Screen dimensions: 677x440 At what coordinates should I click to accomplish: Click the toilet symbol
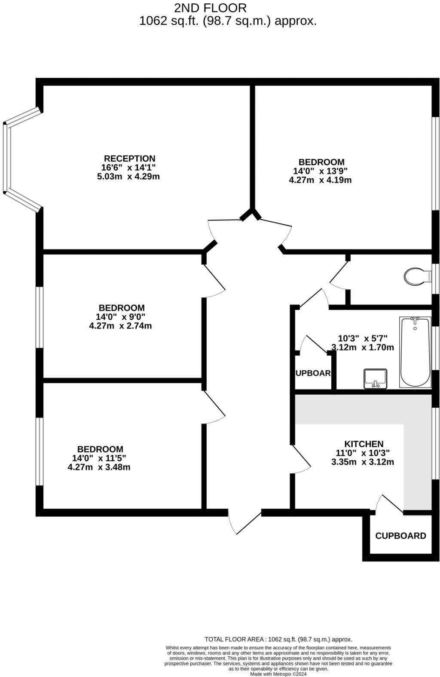click(x=417, y=276)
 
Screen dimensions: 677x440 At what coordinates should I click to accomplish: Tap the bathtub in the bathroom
click(x=415, y=352)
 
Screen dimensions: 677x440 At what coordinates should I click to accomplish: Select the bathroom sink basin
click(x=375, y=378)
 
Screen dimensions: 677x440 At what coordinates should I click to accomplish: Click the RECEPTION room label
click(x=129, y=159)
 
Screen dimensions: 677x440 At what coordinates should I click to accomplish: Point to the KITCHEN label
click(x=364, y=444)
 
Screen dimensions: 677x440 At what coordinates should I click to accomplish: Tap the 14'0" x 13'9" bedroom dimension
click(x=317, y=171)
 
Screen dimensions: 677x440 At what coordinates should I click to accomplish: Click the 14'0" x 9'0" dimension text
click(x=120, y=317)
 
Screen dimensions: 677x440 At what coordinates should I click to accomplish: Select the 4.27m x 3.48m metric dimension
click(x=99, y=467)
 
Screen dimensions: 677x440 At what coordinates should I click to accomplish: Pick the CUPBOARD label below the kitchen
click(x=400, y=536)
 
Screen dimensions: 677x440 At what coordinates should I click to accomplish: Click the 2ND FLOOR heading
click(x=210, y=8)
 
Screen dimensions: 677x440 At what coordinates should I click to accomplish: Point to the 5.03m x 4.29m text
click(x=128, y=177)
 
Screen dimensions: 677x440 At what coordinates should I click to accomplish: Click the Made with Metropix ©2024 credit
click(x=278, y=674)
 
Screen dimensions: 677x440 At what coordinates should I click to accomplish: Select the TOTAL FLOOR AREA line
click(x=278, y=639)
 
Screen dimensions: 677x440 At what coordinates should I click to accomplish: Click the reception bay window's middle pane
click(x=6, y=158)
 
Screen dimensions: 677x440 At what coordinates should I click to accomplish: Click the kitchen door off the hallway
click(x=301, y=460)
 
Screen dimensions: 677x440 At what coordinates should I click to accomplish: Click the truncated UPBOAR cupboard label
click(x=313, y=373)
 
